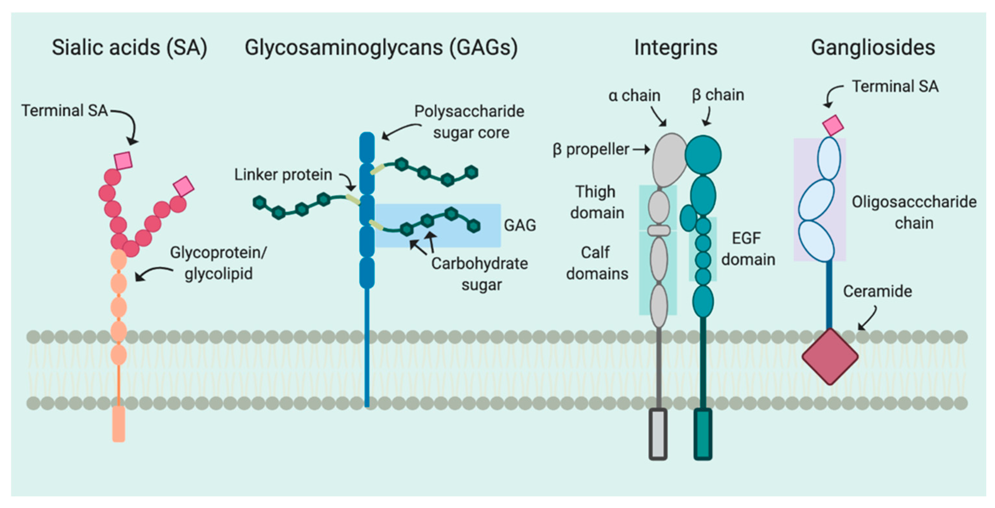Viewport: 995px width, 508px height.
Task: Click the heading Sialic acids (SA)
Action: [x=129, y=48]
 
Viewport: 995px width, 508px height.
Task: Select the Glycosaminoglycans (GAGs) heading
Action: [x=381, y=48]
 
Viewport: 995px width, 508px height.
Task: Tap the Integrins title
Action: [x=676, y=48]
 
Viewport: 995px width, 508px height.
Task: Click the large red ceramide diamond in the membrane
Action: [x=830, y=356]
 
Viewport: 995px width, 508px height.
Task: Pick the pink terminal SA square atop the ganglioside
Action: [x=832, y=126]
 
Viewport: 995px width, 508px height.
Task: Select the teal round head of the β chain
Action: [x=703, y=155]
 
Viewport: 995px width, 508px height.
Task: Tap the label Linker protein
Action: [x=283, y=175]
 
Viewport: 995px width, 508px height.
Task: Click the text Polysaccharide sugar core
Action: [x=469, y=122]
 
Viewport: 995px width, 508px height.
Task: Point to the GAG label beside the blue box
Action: [x=520, y=225]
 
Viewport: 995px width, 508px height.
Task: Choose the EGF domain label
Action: [x=748, y=249]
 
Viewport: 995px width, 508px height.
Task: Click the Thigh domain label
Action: [x=596, y=202]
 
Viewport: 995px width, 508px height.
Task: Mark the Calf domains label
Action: [x=596, y=263]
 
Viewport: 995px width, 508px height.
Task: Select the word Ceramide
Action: [x=877, y=292]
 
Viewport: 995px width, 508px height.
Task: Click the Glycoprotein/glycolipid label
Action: [x=218, y=263]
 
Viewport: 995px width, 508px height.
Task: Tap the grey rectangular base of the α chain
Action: [x=658, y=434]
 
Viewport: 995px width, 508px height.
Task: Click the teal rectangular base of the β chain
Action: [x=703, y=434]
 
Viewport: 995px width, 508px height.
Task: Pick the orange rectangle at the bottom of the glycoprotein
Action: [x=119, y=423]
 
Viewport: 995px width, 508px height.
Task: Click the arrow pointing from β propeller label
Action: [x=641, y=150]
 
